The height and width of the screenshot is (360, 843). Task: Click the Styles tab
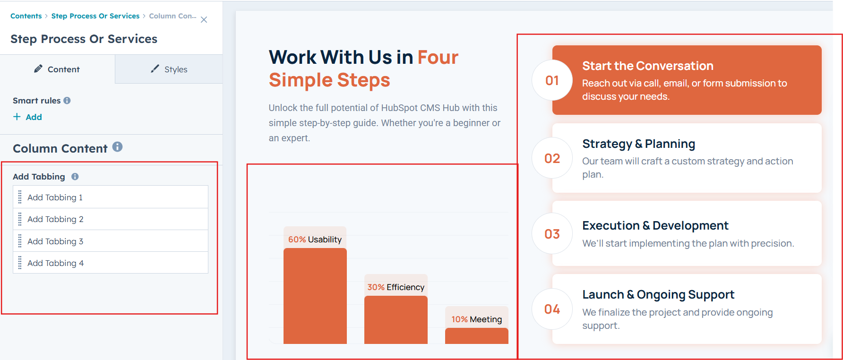169,69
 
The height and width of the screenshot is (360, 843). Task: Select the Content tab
57,69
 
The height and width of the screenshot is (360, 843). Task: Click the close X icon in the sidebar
204,20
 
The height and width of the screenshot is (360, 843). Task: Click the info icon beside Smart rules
67,101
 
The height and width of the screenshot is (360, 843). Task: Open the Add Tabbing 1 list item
111,197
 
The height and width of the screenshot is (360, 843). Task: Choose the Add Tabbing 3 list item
111,241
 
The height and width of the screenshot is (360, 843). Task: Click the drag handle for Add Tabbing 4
20,263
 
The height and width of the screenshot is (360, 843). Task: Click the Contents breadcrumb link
26,16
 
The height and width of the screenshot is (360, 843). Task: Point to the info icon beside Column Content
117,147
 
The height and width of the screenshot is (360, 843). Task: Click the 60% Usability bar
315,296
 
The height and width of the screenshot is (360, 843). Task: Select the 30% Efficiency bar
396,320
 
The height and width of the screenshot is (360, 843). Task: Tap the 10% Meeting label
476,319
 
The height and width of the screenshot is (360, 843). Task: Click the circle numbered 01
552,80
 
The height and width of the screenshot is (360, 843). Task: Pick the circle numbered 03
552,234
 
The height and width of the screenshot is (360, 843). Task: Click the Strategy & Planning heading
638,144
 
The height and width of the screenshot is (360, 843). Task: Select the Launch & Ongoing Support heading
658,294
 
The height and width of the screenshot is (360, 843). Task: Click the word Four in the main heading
438,57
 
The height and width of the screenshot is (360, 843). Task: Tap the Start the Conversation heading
648,66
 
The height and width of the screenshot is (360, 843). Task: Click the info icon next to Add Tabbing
75,177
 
